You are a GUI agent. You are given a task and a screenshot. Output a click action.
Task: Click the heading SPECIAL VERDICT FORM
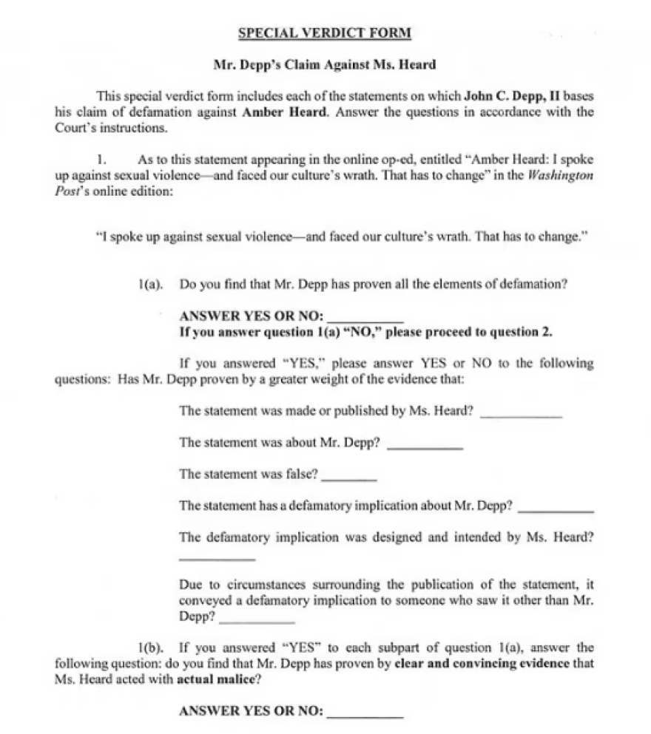tap(325, 33)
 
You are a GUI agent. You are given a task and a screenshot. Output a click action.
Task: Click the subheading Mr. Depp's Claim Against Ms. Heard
tap(325, 64)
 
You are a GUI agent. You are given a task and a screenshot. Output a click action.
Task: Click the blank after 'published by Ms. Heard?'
tap(521, 415)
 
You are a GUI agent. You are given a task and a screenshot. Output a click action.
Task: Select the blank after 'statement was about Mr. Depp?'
tap(425, 446)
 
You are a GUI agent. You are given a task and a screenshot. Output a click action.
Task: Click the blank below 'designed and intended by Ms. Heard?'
tap(217, 558)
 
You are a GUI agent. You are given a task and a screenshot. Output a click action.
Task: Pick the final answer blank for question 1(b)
tap(365, 716)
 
